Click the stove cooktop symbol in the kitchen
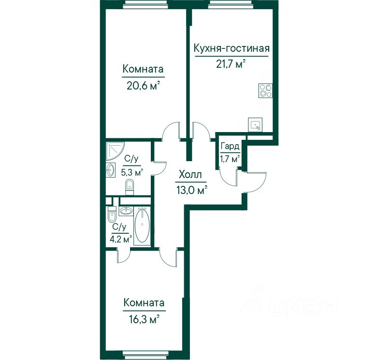[x=265, y=90]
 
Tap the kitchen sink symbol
[x=255, y=125]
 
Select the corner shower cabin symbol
[x=115, y=151]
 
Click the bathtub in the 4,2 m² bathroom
[x=142, y=225]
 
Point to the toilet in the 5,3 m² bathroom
[x=130, y=187]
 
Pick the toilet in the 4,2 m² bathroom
[x=112, y=214]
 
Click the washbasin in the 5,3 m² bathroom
[x=111, y=169]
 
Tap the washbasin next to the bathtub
[x=126, y=211]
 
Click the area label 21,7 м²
[x=231, y=64]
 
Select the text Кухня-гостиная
[x=232, y=48]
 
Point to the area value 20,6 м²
[x=143, y=86]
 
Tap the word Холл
[x=190, y=175]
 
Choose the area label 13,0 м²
[x=192, y=190]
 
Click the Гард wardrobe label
[x=230, y=146]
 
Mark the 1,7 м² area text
[x=230, y=159]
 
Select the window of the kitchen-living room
[x=231, y=4]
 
